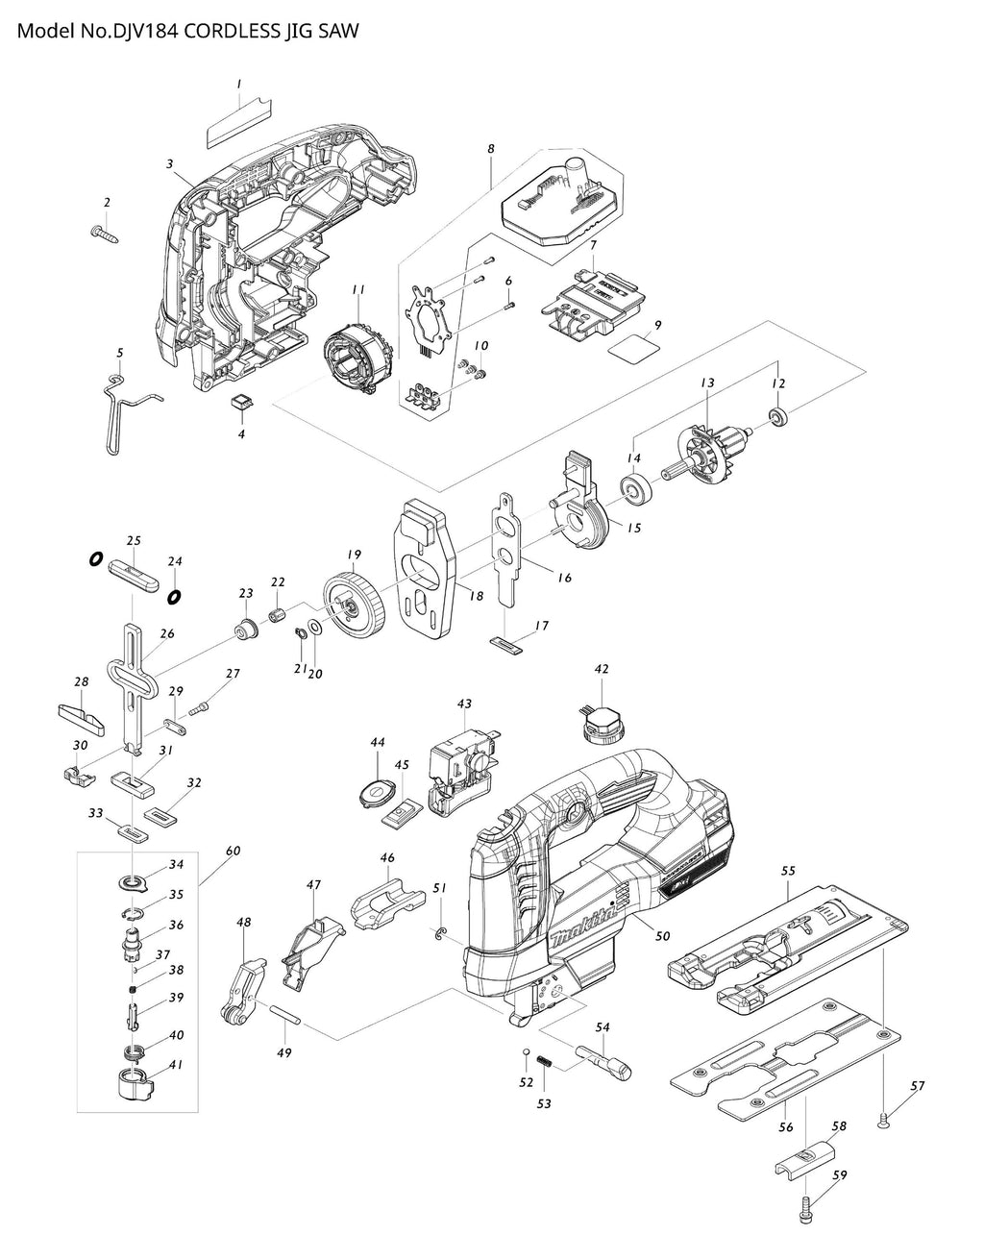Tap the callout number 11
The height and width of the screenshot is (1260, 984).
click(357, 289)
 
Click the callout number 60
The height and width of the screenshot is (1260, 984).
click(233, 851)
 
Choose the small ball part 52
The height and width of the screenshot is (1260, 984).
click(527, 1055)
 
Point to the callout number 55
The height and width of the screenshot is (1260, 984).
click(788, 871)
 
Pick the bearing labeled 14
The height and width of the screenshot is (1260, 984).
click(636, 490)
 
